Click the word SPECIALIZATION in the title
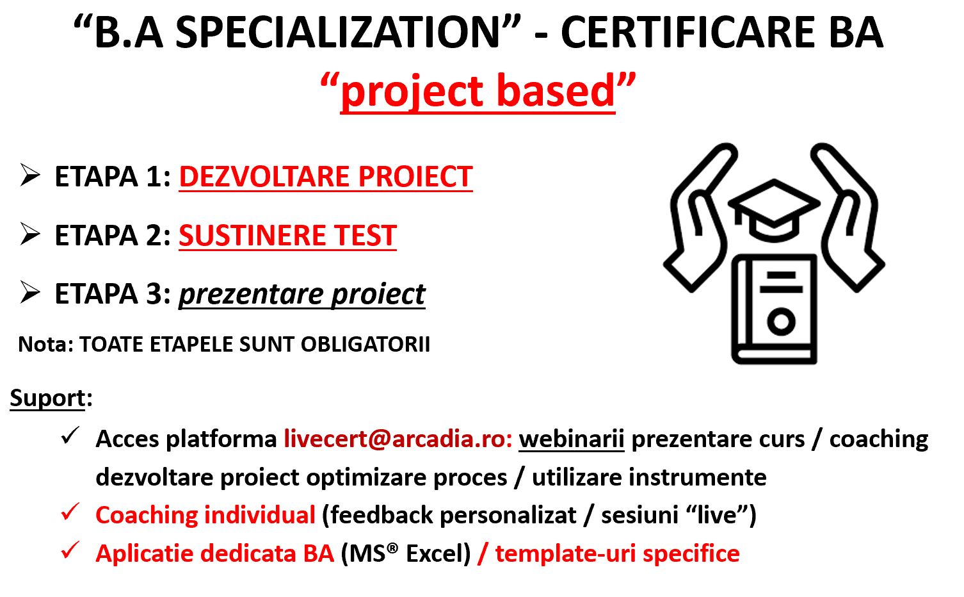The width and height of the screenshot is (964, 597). [x=337, y=32]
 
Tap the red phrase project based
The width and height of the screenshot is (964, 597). [x=478, y=92]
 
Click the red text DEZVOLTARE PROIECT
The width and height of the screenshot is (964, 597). [x=326, y=177]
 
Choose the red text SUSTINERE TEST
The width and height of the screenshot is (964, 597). [x=287, y=236]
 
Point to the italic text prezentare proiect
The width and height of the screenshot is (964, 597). [x=302, y=295]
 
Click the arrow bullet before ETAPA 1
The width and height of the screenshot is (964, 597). [x=30, y=176]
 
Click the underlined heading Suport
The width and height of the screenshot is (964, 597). [x=47, y=398]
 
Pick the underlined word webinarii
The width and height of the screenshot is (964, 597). [x=572, y=439]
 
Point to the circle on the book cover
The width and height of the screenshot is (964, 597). [x=781, y=322]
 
